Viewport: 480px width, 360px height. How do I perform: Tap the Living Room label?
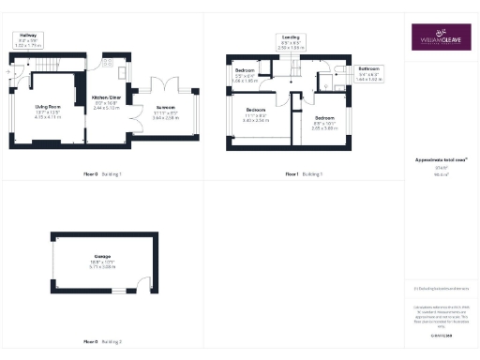47,112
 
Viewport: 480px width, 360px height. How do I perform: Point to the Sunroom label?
165,114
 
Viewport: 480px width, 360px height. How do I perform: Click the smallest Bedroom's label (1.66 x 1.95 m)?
245,75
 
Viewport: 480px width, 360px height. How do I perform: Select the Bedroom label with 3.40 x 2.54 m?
256,115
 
